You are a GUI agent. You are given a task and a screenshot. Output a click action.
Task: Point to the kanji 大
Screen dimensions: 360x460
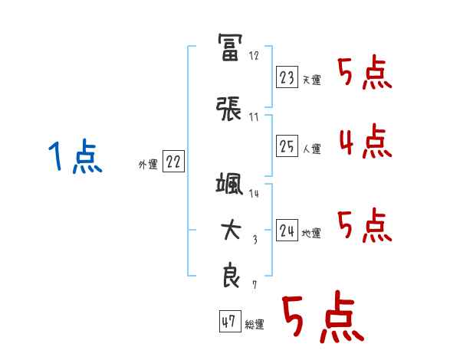[230, 231]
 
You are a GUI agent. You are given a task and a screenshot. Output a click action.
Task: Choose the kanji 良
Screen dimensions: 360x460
[230, 276]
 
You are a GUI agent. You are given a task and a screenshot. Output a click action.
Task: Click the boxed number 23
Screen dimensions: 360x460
[287, 77]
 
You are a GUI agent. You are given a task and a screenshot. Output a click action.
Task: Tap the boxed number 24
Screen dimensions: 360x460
[287, 231]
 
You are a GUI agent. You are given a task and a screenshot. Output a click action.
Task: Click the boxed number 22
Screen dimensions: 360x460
[174, 162]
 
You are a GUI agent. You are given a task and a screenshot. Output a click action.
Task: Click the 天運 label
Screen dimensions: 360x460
[311, 80]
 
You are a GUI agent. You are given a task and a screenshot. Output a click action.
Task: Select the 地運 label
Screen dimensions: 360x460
[311, 234]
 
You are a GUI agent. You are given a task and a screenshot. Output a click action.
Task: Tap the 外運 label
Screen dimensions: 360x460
[148, 164]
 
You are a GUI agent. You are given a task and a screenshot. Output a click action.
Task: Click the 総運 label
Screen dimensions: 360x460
[255, 324]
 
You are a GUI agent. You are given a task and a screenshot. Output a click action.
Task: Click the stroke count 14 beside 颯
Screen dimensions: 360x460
[254, 194]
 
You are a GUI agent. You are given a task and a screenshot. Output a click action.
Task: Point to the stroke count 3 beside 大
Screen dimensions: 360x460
[255, 239]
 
